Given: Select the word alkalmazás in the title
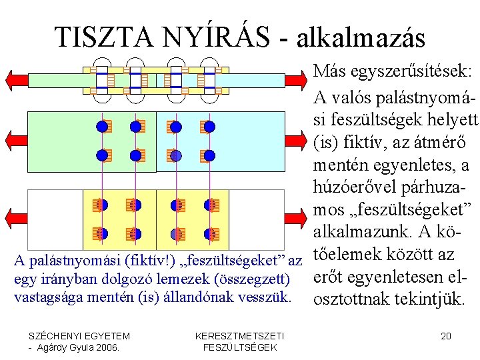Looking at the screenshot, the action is [360, 39].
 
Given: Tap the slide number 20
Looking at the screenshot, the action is [446, 336].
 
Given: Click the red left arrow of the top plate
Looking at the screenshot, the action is [15, 79].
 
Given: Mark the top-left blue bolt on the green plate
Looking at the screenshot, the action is [102, 126].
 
